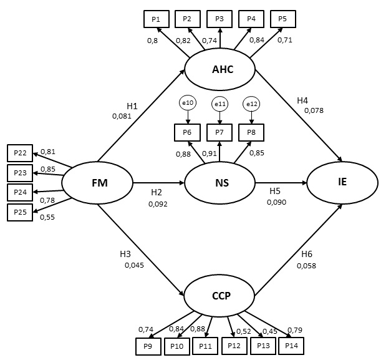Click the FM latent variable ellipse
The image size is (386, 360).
point(98,183)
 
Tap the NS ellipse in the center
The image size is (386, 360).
point(220,183)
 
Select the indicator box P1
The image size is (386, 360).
point(155,19)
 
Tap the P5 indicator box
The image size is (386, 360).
point(282,19)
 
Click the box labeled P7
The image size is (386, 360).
point(220,132)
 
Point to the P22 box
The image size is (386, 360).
point(21,153)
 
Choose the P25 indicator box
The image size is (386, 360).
point(21,213)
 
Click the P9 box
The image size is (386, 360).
point(148,346)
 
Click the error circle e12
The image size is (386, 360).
point(251,104)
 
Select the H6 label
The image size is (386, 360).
point(307,254)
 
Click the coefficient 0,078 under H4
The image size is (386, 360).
point(314,110)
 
